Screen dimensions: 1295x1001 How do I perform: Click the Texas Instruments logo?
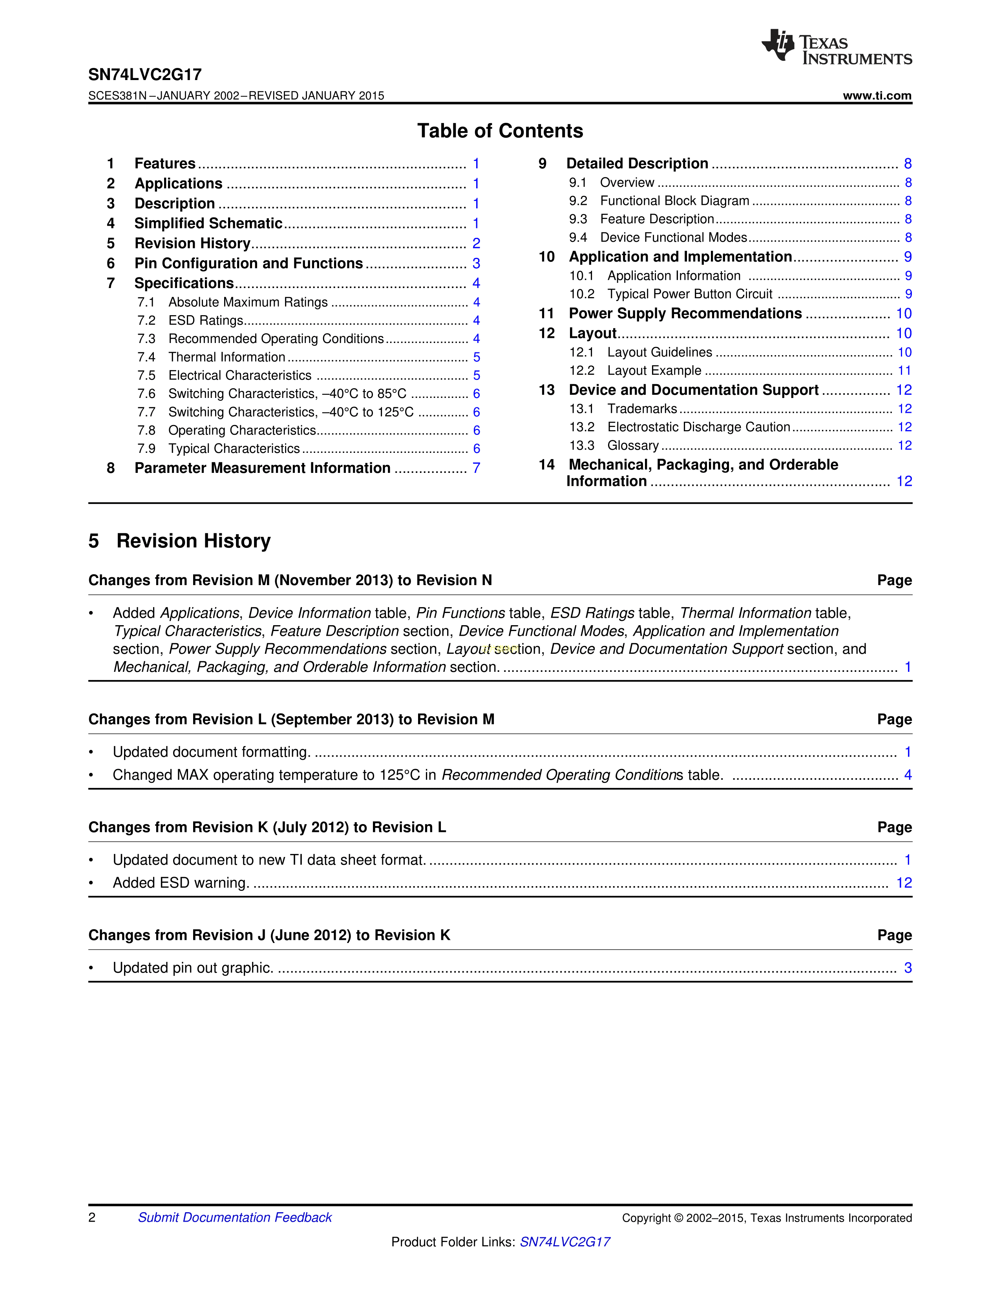tap(836, 47)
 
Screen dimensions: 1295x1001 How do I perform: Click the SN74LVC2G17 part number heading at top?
tap(145, 75)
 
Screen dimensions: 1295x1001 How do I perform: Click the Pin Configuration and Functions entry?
tap(248, 263)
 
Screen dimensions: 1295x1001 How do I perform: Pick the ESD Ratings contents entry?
tap(206, 321)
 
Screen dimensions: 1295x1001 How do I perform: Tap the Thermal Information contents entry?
tap(227, 357)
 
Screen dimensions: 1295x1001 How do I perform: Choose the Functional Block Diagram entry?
tap(674, 201)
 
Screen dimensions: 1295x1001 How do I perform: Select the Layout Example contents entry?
tap(654, 370)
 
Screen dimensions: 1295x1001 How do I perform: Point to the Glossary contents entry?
tap(633, 445)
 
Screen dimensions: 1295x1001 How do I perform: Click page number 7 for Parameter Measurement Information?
tap(476, 469)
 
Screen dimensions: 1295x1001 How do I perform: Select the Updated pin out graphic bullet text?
tap(193, 968)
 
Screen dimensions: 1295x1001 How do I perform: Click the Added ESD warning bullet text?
tap(180, 883)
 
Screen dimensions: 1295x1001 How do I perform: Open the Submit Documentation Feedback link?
tap(235, 1217)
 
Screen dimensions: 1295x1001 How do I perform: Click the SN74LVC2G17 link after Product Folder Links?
tap(564, 1242)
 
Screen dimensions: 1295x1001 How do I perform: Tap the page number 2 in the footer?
tap(92, 1217)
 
